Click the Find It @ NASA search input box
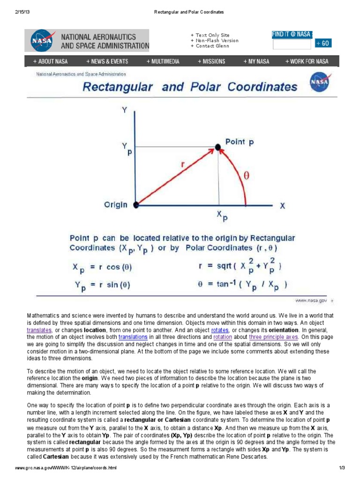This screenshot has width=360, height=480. pos(291,44)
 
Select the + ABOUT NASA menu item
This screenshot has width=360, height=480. pos(50,61)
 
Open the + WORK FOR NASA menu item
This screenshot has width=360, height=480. pos(307,61)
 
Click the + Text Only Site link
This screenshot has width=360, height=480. pos(210,35)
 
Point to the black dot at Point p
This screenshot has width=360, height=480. pos(218,147)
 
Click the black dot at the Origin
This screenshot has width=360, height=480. pos(136,205)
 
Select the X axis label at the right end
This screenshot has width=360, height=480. pos(282,205)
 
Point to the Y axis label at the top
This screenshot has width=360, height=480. pos(124,110)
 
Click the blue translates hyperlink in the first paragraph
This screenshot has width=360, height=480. pos(39,330)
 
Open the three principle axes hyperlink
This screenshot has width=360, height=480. pos(273,337)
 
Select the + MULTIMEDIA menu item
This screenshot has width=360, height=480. pos(163,61)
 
